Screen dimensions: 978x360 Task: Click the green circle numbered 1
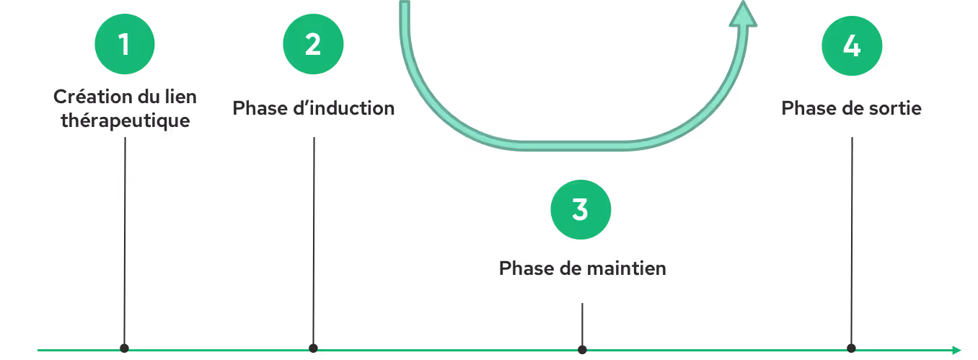coord(125,45)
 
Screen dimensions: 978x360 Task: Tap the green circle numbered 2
coord(313,45)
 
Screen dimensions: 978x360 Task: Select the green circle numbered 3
coord(581,209)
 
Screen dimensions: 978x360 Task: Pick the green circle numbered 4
coord(852,45)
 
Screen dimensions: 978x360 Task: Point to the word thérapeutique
coord(125,120)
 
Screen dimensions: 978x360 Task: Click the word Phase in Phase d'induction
coord(257,108)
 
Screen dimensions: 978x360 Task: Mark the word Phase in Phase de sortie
coord(808,108)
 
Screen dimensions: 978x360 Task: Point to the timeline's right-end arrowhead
coord(956,350)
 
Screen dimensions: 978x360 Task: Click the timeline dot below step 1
coord(125,348)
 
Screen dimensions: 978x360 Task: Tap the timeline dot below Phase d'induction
coord(313,348)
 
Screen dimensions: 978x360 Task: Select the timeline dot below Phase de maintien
coord(582,349)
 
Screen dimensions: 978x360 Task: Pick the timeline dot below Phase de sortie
coord(852,347)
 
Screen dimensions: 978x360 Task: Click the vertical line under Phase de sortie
coord(852,238)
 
